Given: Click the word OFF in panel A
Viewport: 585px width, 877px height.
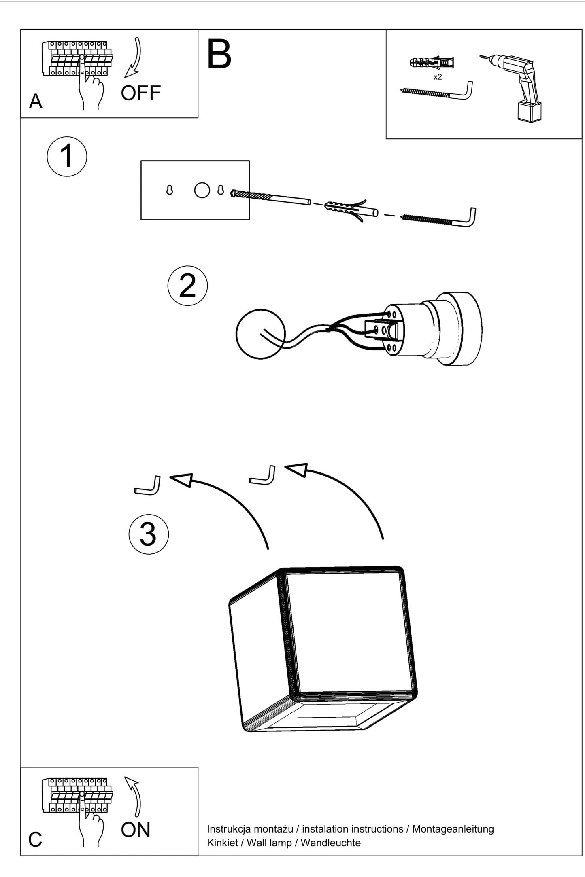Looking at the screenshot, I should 140,93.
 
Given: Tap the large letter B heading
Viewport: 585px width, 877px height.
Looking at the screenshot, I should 219,55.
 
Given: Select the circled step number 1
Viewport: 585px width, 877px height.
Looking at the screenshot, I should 67,157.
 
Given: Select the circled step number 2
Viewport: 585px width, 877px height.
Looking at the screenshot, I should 187,286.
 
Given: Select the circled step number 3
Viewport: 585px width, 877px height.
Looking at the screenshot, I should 148,534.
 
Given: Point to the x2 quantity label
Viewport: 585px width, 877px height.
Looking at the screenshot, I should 438,77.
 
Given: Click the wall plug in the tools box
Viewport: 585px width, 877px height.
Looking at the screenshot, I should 432,63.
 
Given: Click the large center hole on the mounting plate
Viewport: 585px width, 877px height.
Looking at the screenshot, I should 202,190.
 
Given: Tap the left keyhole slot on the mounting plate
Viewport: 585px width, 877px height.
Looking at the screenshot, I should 170,190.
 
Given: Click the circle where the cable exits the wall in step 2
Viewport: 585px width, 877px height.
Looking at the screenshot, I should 260,334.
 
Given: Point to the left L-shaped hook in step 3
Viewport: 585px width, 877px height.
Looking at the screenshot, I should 147,486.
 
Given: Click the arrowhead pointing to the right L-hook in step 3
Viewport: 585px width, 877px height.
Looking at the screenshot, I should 296,470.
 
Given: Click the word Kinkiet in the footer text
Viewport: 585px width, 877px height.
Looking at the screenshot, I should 222,843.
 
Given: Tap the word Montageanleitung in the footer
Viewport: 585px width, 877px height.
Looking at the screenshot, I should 453,829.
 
